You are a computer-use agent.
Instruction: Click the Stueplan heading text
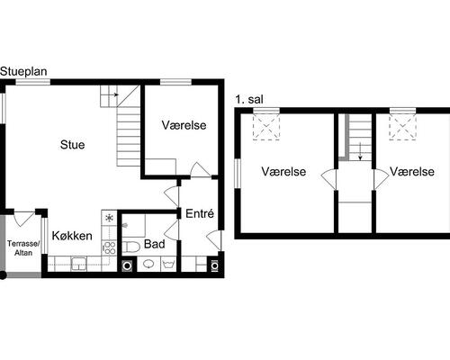coord(23,72)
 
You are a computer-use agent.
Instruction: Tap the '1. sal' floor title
coord(249,100)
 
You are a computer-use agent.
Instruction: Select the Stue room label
coord(72,145)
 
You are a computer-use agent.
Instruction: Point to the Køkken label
coord(72,236)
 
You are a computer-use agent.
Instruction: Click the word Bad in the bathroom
coord(155,244)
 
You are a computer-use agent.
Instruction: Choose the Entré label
coord(200,213)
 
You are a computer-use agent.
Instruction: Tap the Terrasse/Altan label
coord(23,248)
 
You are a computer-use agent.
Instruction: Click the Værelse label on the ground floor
coord(184,125)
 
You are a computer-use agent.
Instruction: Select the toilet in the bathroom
coord(130,247)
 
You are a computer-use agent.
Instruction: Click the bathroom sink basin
coord(148,264)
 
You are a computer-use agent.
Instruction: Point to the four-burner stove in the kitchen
coord(109,248)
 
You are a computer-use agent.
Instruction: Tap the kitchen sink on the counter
coord(78,265)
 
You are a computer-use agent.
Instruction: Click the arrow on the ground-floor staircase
coord(113,94)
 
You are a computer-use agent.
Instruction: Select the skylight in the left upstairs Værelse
coord(266,128)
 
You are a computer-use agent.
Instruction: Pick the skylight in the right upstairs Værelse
coord(403,128)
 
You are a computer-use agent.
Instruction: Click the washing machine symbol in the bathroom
coord(127,265)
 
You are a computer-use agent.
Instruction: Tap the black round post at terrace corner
coord(3,275)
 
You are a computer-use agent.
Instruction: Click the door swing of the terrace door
coord(24,219)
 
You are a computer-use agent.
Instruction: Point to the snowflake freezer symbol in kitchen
coord(109,218)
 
